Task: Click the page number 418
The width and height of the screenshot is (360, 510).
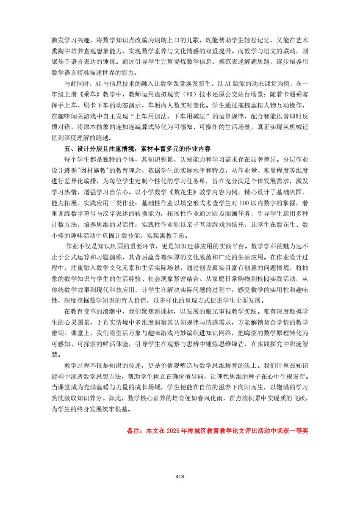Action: pyautogui.click(x=180, y=476)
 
